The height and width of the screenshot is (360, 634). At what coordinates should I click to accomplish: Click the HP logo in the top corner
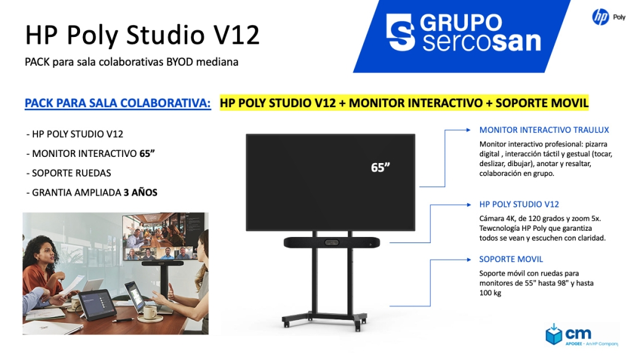click(600, 17)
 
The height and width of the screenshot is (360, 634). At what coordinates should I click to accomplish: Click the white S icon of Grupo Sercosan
click(400, 33)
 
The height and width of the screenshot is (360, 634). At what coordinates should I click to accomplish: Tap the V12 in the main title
click(236, 34)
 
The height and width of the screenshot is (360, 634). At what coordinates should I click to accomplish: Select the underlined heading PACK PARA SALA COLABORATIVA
click(118, 103)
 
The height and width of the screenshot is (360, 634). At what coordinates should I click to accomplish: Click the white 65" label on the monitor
click(380, 167)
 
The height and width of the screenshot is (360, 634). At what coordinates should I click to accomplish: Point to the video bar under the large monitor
click(332, 242)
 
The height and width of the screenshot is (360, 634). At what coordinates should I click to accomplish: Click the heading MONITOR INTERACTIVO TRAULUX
click(544, 130)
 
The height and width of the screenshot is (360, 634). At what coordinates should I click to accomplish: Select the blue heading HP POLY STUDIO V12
click(519, 204)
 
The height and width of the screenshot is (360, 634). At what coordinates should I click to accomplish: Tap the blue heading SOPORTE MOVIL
click(511, 260)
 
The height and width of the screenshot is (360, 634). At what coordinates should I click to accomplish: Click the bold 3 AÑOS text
click(140, 193)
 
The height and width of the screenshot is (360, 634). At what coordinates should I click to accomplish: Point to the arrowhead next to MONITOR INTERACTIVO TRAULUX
click(468, 130)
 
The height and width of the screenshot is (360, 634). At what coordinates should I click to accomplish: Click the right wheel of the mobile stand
click(358, 326)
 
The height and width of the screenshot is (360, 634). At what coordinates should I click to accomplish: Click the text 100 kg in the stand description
click(490, 293)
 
